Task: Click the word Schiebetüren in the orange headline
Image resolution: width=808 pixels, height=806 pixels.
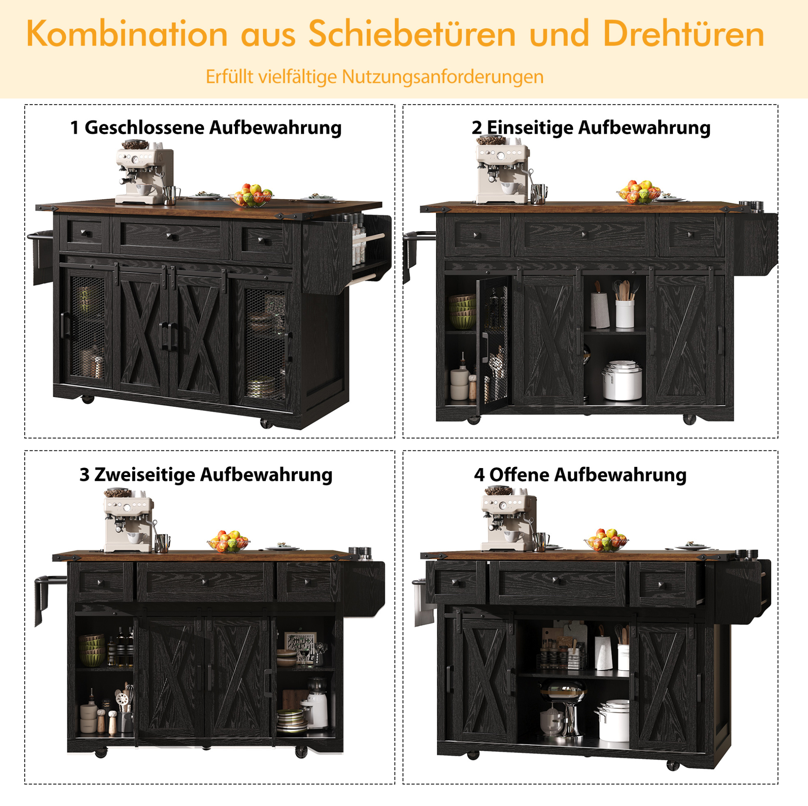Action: (412, 34)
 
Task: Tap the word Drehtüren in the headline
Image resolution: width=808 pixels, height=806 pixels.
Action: (684, 34)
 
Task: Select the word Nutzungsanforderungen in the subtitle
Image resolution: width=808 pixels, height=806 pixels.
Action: (443, 77)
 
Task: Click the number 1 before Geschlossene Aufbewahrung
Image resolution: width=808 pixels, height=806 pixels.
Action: (74, 128)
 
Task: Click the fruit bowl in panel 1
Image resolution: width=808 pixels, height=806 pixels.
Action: (251, 195)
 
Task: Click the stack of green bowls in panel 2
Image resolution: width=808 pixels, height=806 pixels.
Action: (462, 312)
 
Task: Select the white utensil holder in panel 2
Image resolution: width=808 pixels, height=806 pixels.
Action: (624, 313)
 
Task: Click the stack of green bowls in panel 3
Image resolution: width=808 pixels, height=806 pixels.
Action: (92, 650)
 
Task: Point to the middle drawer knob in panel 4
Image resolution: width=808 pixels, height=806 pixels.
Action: (556, 580)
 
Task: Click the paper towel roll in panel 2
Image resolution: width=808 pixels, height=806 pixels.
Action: (599, 310)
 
